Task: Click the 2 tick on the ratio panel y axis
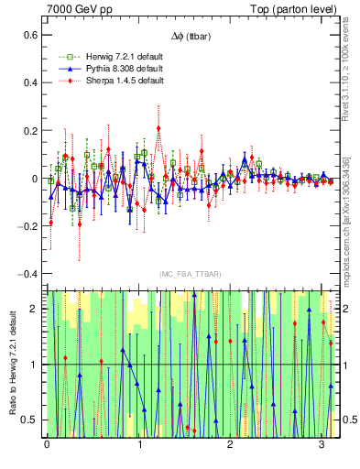click(x=36, y=309)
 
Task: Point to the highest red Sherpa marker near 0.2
click(x=158, y=127)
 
